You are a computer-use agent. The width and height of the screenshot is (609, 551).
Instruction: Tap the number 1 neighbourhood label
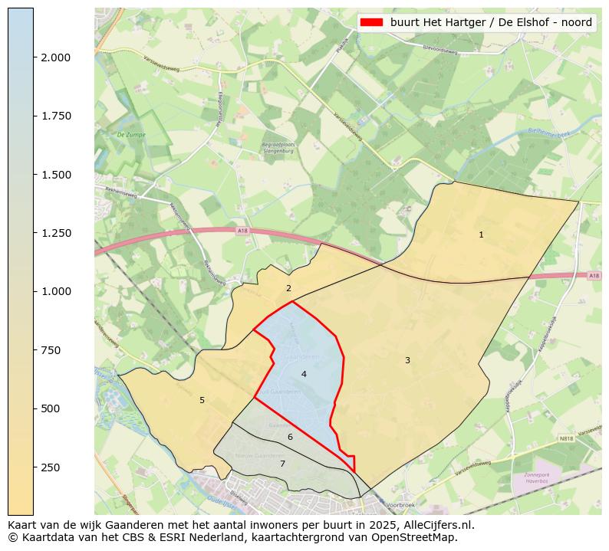click(481, 235)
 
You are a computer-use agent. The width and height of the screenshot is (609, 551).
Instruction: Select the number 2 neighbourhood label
click(288, 289)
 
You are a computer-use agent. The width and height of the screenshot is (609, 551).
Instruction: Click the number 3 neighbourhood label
click(407, 360)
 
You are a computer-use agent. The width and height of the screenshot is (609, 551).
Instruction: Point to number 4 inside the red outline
click(304, 374)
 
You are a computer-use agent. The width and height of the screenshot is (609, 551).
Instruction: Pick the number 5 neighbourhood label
click(202, 400)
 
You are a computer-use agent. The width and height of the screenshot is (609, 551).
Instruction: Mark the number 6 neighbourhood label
click(290, 437)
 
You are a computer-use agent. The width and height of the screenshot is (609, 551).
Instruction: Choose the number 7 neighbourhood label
click(281, 464)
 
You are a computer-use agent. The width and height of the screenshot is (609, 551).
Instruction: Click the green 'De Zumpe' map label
click(131, 134)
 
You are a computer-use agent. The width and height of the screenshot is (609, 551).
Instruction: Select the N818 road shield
click(566, 439)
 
